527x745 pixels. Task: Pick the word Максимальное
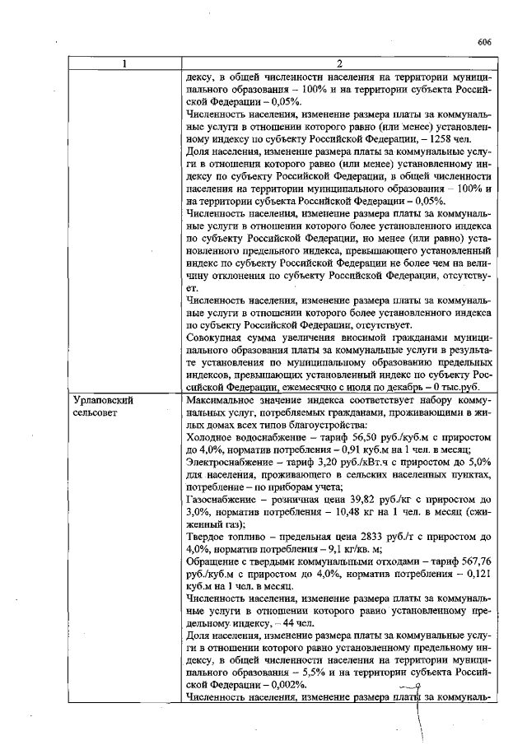click(224, 399)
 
